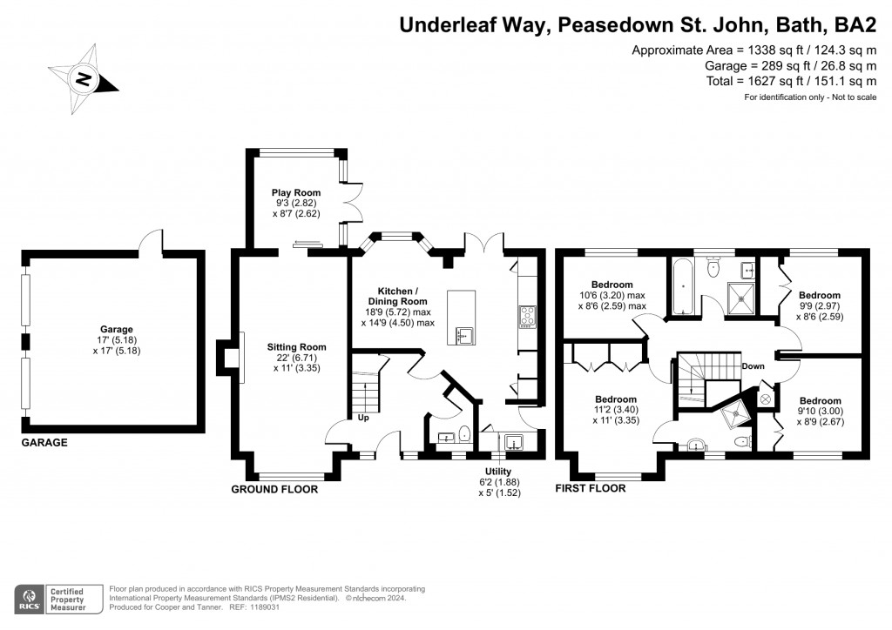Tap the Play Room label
tap(295, 192)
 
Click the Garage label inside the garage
tap(116, 329)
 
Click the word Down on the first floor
tap(753, 366)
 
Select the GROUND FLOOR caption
tap(274, 489)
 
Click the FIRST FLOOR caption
tap(591, 489)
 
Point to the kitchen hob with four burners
tap(528, 315)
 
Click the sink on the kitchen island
tap(462, 333)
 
